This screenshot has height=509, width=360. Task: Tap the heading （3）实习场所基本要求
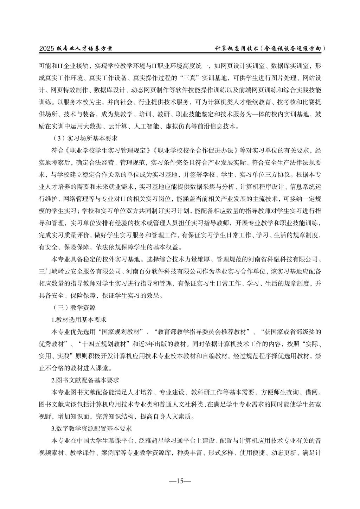[x=80, y=138]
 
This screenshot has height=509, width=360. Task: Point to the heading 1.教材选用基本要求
[x=79, y=320]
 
